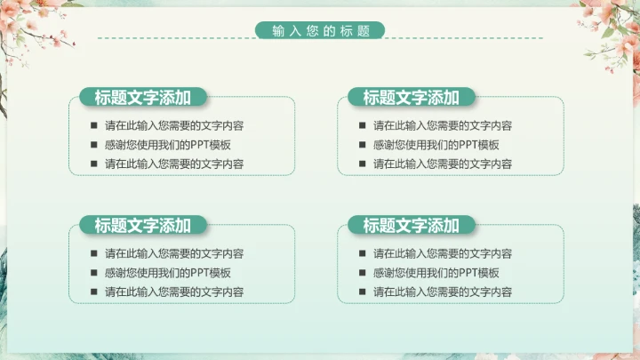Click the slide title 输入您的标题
(x=320, y=31)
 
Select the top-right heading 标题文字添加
(x=411, y=98)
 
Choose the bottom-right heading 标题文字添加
(x=411, y=226)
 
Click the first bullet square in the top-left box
(x=93, y=125)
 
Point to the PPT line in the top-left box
(x=168, y=145)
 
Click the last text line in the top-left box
(x=174, y=164)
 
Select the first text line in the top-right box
(x=443, y=125)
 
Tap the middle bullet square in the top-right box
(x=362, y=145)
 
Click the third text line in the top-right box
(x=443, y=164)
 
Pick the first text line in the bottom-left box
(x=174, y=253)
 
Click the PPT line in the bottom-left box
(x=168, y=273)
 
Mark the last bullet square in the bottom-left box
(x=93, y=292)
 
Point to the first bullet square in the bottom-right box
(x=362, y=253)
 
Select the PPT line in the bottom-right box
(x=436, y=273)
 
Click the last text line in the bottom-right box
(x=443, y=292)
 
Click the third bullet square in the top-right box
(x=362, y=164)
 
